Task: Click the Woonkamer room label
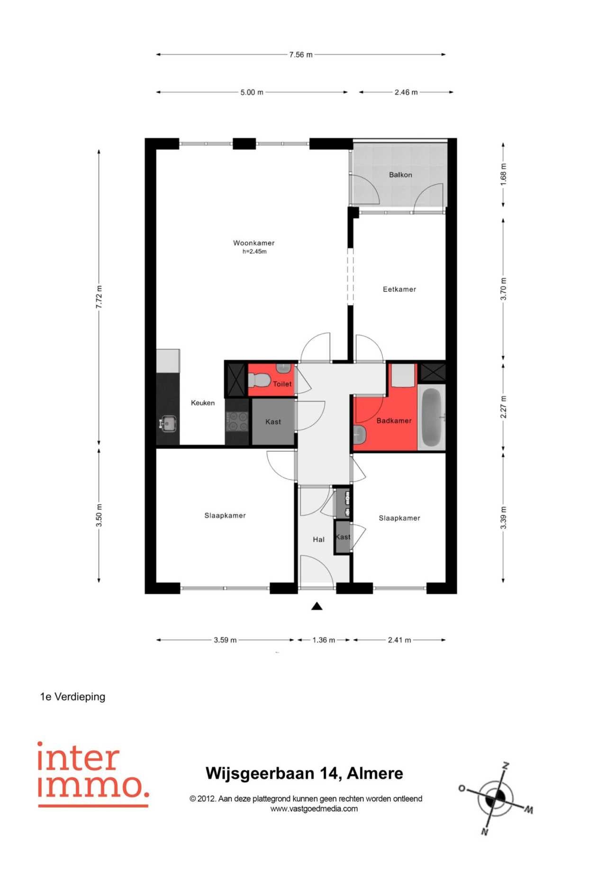coord(254,243)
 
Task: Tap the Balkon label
coord(400,175)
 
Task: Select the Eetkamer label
coord(399,289)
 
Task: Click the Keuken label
coord(203,403)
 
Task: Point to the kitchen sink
coord(167,423)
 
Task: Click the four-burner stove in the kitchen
coord(237,421)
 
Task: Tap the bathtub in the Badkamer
coord(431,417)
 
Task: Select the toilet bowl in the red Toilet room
coord(259,380)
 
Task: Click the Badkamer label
coord(394,420)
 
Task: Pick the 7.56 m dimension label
coord(301,54)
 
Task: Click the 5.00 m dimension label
coord(252,92)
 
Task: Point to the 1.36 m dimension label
coord(324,640)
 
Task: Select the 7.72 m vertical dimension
coord(99,297)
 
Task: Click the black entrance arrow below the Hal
coord(317,606)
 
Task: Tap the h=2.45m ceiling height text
coord(254,252)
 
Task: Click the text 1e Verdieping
coord(72,697)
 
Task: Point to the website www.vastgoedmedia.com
coord(314,809)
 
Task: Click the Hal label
coord(319,539)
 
